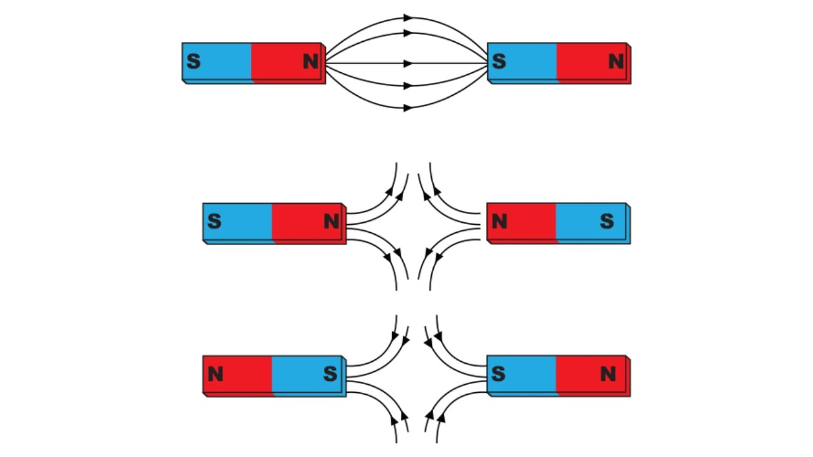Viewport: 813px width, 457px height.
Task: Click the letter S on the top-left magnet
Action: (x=194, y=62)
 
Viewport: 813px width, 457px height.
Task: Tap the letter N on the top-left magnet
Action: (x=311, y=62)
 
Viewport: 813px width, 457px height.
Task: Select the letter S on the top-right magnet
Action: (x=499, y=62)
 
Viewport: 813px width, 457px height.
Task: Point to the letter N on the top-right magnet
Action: (x=615, y=62)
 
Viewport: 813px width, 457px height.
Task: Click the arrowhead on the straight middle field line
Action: (x=408, y=63)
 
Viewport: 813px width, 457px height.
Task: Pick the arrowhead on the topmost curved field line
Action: (x=408, y=18)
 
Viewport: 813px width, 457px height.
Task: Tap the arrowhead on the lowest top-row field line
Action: (x=408, y=108)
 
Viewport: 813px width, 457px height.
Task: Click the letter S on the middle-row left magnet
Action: (x=214, y=222)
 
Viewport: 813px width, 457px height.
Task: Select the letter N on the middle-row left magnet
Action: (x=331, y=222)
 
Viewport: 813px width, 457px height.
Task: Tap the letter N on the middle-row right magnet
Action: (x=499, y=222)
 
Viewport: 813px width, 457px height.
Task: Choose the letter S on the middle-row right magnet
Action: (x=607, y=222)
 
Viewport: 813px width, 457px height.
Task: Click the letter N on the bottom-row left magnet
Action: (x=215, y=374)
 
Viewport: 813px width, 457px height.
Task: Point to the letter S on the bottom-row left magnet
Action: (x=330, y=374)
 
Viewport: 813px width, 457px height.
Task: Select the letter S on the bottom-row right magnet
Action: (x=499, y=374)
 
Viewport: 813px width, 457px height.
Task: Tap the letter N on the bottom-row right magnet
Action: (x=608, y=374)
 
